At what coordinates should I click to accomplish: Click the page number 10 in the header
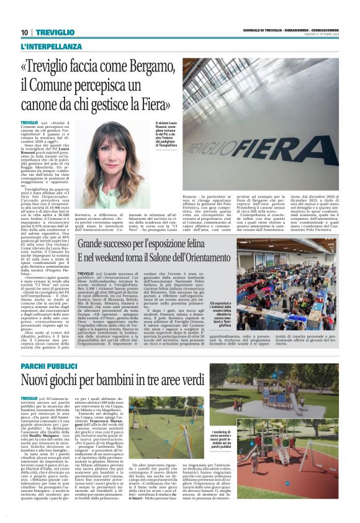click(24, 32)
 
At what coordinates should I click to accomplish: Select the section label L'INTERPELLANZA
click(51, 47)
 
